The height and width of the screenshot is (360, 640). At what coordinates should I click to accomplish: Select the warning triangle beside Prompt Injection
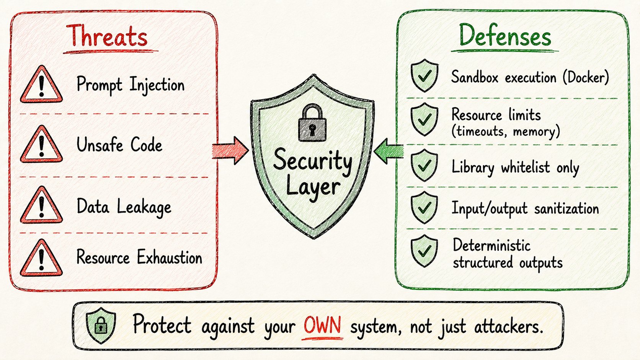tap(41, 84)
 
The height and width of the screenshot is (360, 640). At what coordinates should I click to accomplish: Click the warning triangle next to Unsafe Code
tap(41, 144)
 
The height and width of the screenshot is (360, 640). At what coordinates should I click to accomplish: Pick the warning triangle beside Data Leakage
tap(41, 205)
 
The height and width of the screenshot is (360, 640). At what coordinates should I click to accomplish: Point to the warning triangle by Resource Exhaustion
tap(41, 258)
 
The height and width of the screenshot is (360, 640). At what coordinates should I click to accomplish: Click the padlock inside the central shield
tap(312, 123)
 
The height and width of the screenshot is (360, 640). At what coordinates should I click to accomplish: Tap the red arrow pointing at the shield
tap(230, 150)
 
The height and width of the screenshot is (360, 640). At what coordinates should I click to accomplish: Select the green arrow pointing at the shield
tap(389, 151)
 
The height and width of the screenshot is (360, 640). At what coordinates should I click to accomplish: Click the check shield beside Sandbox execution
tap(424, 76)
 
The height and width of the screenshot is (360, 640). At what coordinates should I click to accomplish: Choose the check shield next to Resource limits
tap(424, 119)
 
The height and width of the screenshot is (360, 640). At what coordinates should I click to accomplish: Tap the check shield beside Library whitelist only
tap(424, 165)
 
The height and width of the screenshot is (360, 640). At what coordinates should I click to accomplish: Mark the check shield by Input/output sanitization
tap(424, 208)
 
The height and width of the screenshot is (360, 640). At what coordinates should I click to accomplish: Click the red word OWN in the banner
tap(322, 325)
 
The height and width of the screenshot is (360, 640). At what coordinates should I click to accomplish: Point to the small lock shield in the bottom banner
tap(101, 326)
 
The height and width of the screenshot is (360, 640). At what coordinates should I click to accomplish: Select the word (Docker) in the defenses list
tap(586, 77)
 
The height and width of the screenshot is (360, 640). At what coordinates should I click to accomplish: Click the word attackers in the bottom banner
tap(509, 326)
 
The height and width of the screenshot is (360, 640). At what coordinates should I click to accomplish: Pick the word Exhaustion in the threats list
tap(170, 257)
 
